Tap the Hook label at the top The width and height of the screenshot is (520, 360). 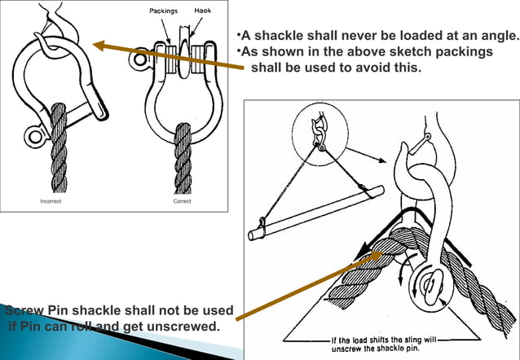(202, 11)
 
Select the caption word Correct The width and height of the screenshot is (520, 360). (183, 200)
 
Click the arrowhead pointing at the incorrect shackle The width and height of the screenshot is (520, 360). (99, 45)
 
